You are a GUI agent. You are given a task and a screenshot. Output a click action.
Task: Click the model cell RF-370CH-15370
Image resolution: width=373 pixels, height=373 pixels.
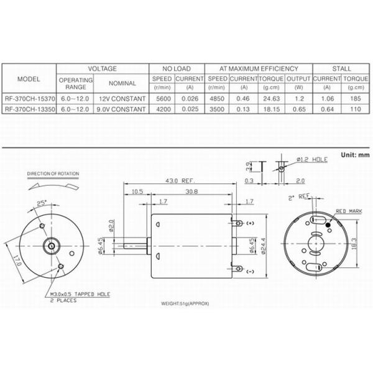[29, 99]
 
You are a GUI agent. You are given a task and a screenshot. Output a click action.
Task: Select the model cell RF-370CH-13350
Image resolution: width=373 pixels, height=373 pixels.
[29, 109]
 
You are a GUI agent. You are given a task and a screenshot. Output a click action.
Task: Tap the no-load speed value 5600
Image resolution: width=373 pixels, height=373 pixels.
[162, 99]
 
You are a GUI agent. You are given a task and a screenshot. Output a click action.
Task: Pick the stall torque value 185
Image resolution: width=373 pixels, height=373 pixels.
[356, 99]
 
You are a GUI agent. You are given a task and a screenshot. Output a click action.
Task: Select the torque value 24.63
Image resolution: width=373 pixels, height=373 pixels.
[271, 99]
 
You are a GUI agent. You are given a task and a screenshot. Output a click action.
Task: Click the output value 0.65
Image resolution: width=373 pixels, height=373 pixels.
[298, 109]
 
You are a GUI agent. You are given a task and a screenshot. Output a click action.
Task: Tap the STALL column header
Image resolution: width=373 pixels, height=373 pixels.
[341, 68]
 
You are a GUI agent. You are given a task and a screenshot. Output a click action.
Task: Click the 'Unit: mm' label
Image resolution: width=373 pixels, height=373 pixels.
[356, 154]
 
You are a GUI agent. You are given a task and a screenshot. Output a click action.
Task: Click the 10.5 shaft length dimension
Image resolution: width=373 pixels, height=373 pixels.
[137, 192]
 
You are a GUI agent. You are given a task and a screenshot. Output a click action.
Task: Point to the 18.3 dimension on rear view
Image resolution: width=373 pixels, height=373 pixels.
[354, 242]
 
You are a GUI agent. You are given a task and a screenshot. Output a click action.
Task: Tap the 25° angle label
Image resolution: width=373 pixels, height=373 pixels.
[42, 203]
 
